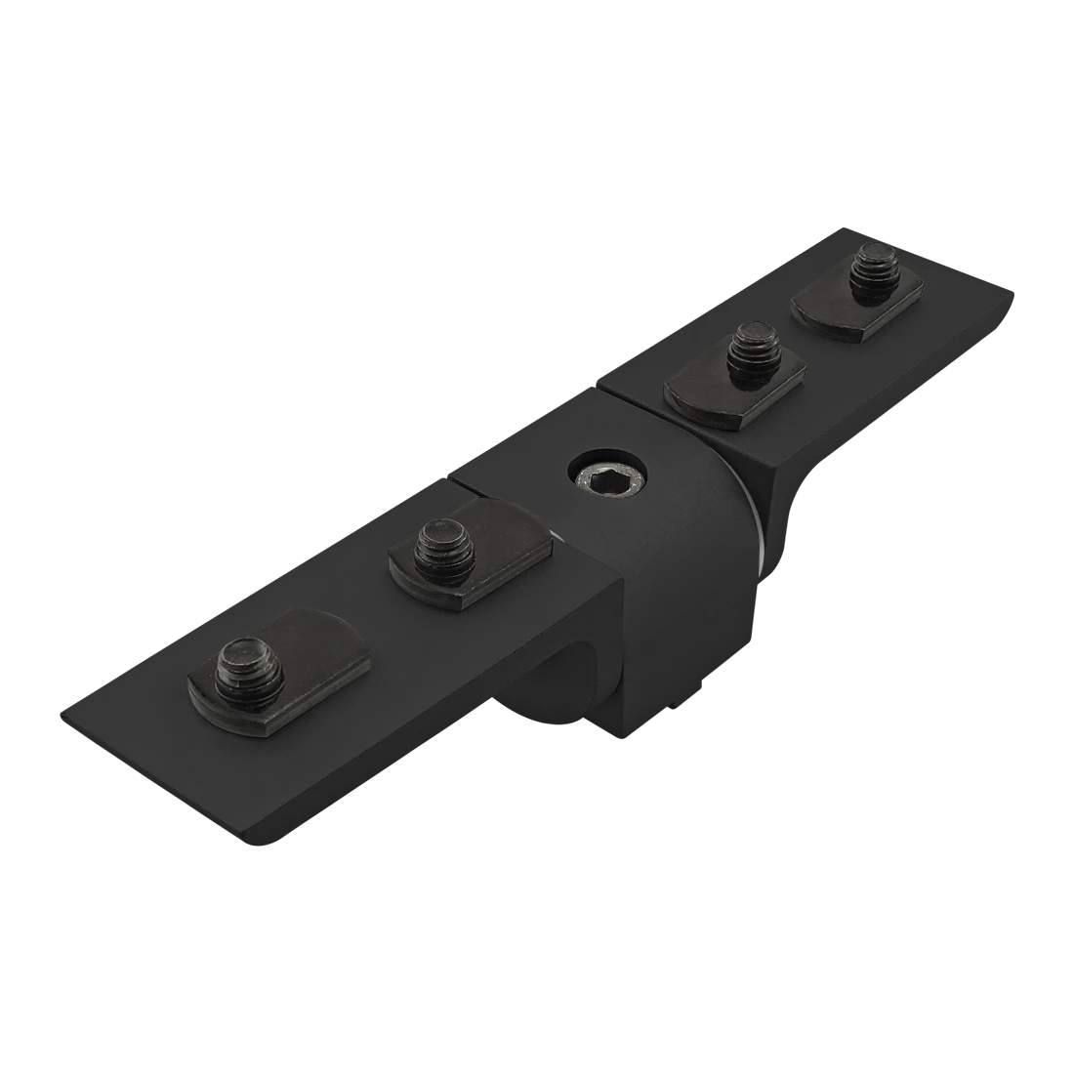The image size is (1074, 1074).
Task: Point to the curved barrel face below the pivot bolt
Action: (683, 605)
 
